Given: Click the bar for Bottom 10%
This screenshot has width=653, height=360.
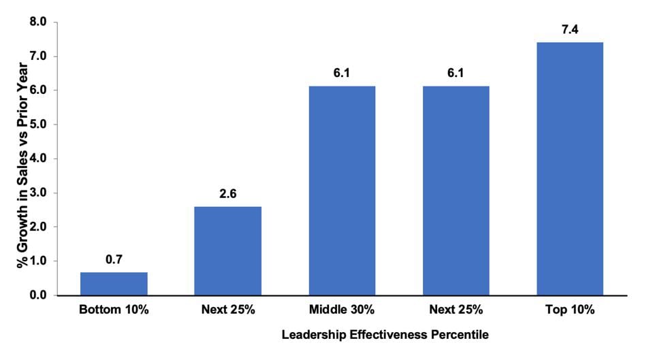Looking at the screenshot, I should tap(114, 284).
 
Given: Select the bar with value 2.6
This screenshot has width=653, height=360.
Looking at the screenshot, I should tap(227, 250).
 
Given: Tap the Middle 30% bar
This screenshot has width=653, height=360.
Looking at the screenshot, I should tap(342, 191).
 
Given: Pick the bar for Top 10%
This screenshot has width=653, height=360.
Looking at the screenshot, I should tap(569, 169).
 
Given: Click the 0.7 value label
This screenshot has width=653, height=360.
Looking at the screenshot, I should tap(114, 259).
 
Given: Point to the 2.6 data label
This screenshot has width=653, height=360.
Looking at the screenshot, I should tap(227, 193).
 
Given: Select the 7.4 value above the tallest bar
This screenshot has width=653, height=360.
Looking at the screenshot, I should tap(569, 29).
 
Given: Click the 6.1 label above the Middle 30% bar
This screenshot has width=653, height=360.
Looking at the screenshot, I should tap(342, 73).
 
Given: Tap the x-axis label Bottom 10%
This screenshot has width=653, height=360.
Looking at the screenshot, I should tap(114, 310).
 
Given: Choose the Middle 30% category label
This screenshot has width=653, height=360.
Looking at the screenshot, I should tap(342, 310).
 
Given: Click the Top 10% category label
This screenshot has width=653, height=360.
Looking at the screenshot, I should tap(569, 310).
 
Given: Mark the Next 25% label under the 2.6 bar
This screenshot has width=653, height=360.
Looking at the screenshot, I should tap(227, 310).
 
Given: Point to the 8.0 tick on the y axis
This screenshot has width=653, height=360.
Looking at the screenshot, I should tap(38, 22).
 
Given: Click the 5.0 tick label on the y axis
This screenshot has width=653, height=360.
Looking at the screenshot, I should tap(38, 125).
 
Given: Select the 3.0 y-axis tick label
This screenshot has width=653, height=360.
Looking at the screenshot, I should tap(38, 193).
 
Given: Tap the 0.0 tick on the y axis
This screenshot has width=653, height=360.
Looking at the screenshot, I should tap(38, 295).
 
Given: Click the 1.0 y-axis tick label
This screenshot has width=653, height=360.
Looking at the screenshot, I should tap(38, 261).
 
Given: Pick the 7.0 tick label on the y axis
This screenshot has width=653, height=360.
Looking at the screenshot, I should tap(38, 56).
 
